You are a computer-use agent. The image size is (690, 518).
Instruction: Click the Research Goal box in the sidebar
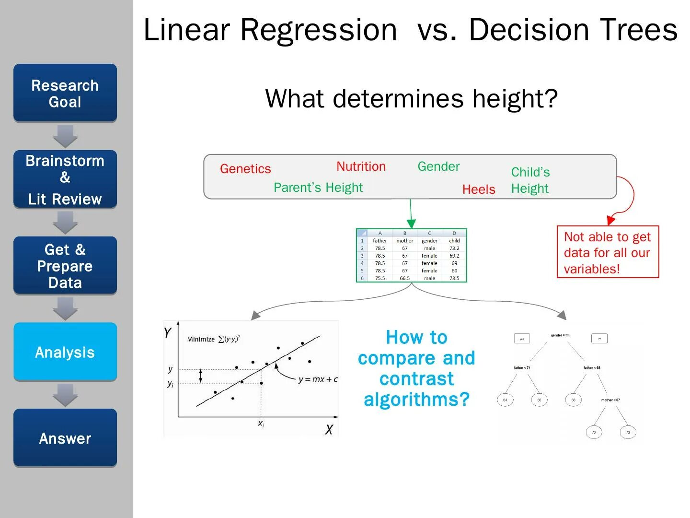[x=65, y=93]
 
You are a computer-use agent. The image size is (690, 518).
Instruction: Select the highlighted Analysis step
[x=65, y=352]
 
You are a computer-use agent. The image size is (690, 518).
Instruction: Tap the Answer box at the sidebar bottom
[x=65, y=438]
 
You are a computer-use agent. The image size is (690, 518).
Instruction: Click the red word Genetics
[x=245, y=169]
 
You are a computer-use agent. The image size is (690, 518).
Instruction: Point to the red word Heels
[x=479, y=189]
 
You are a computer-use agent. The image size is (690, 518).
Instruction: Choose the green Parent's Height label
[x=318, y=188]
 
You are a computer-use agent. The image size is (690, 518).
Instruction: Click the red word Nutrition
[x=361, y=166]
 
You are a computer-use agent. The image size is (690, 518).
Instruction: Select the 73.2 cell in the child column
[x=454, y=248]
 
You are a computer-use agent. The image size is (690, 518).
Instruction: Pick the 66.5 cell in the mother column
[x=405, y=278]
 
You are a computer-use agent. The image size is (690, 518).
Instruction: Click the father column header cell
[x=380, y=241]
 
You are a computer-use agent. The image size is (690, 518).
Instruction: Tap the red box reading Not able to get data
[x=608, y=252]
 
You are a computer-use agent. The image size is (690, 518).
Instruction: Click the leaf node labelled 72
[x=628, y=432]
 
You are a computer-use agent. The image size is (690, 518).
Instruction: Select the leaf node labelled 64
[x=505, y=400]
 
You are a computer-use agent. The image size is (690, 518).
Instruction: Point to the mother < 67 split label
[x=610, y=400]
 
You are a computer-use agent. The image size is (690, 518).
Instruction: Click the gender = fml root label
[x=561, y=335]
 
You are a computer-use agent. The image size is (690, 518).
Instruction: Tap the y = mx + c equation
[x=318, y=379]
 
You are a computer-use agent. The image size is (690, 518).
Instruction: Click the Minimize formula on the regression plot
[x=214, y=339]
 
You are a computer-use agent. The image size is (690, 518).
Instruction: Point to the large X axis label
[x=329, y=430]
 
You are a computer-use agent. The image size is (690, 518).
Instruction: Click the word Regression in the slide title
[x=318, y=30]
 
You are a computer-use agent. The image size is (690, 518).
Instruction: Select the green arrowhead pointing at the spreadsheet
[x=411, y=224]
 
